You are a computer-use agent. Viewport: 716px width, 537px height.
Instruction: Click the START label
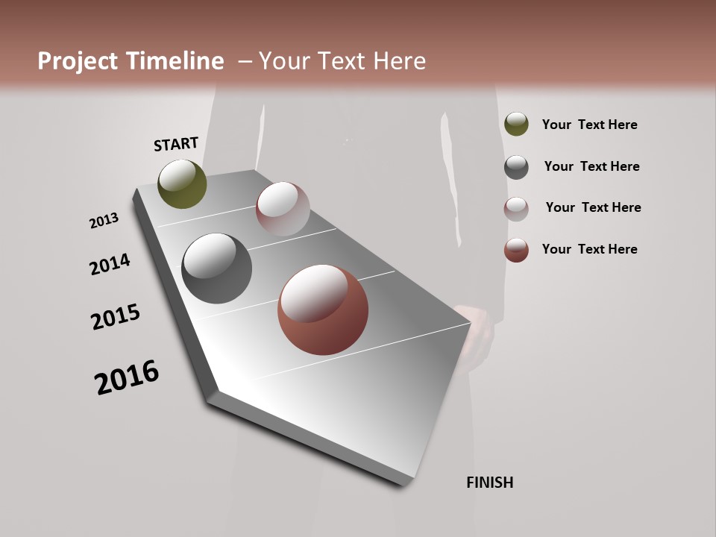[x=176, y=144]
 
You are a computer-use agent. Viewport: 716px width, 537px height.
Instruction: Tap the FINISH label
[x=489, y=483]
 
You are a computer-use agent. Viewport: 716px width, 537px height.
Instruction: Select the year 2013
[x=104, y=221]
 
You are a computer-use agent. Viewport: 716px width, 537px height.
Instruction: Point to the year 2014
[x=110, y=264]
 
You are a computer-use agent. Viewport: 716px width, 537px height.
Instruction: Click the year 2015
[x=116, y=317]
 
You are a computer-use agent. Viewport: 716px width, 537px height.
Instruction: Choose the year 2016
[x=127, y=377]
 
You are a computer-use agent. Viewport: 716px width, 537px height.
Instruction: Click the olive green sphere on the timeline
[x=182, y=183]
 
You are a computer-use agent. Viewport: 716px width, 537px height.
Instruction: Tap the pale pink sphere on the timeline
[x=283, y=209]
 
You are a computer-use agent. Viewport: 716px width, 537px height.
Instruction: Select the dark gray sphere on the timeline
[x=216, y=268]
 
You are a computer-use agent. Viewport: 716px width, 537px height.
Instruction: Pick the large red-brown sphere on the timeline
[x=323, y=310]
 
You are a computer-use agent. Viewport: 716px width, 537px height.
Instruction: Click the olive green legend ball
[x=516, y=124]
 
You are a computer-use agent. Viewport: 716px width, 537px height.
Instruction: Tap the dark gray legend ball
[x=516, y=167]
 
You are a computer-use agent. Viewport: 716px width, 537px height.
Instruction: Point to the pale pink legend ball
[x=516, y=209]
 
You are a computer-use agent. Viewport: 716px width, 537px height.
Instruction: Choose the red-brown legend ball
[x=516, y=250]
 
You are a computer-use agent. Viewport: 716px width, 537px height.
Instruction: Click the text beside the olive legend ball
[x=589, y=125]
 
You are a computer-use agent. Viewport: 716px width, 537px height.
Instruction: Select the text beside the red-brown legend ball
[x=589, y=249]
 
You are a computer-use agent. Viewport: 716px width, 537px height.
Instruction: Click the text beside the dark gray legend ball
[x=591, y=166]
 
